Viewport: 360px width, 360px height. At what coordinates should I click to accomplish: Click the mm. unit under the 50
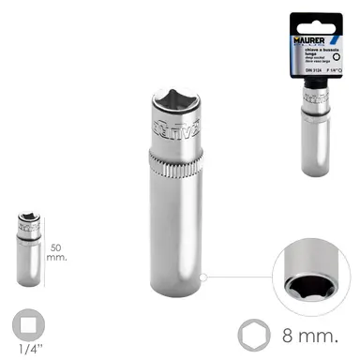[x=56, y=241]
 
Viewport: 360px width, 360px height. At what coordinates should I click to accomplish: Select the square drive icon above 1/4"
[x=30, y=326]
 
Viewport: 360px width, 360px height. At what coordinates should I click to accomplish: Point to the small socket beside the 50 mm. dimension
[x=29, y=248]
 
